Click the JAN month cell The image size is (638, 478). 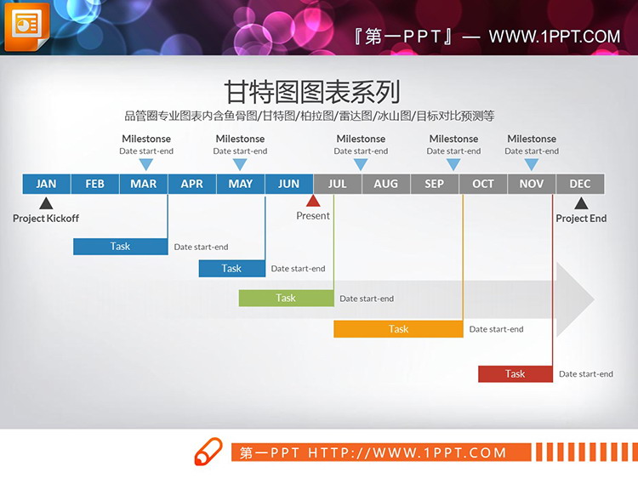point(46,184)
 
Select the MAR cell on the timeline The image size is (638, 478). point(143,184)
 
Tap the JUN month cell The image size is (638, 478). point(288,184)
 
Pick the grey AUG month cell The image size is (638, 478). point(385,184)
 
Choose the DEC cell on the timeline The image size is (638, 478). point(580,184)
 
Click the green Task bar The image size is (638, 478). point(286,299)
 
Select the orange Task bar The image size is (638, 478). point(398,329)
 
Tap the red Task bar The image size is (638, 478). point(515,374)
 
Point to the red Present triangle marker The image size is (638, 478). point(313,202)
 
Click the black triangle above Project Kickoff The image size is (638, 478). point(46,203)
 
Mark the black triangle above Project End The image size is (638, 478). point(581,203)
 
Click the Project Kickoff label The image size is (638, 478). point(46,219)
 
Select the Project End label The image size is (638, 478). point(581,219)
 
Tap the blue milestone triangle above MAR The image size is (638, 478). point(146,164)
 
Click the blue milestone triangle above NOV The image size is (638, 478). point(532,164)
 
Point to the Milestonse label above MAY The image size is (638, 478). point(240,139)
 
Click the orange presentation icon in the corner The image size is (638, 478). point(26,26)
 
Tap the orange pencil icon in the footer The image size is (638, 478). point(208,452)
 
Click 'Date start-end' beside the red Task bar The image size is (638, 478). point(586,374)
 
